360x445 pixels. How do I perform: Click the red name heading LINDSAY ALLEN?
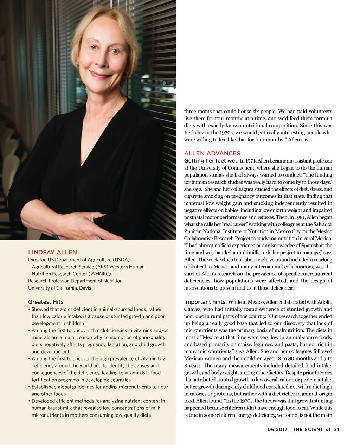[x=52, y=252]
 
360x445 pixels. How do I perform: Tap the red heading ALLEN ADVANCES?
[x=212, y=153]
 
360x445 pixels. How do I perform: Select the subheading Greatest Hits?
[x=46, y=302]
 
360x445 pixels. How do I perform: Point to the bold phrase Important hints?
[x=205, y=302]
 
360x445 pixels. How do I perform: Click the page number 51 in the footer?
[x=336, y=429]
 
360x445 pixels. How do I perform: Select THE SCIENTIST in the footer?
[x=312, y=429]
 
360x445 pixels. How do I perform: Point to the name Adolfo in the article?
[x=324, y=302]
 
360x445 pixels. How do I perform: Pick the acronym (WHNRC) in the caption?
[x=99, y=274]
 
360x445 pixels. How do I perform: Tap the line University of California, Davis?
[x=59, y=288]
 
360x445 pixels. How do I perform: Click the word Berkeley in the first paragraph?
[x=194, y=133]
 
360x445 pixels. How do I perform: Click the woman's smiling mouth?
[x=102, y=75]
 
